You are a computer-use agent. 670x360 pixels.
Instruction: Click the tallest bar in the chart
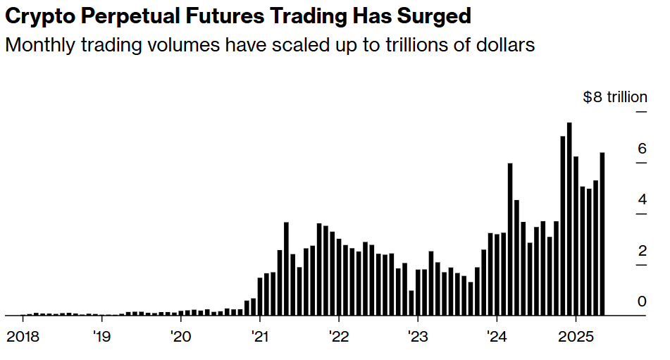click(569, 219)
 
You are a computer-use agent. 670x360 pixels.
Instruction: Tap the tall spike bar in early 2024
click(510, 240)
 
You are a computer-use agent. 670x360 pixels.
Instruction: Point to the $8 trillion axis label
click(614, 97)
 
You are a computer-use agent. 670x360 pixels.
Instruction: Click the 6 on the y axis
click(642, 149)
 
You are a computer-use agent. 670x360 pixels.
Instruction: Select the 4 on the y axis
click(642, 199)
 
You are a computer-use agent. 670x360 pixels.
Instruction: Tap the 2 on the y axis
click(642, 251)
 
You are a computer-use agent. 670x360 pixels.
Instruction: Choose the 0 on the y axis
click(642, 302)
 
